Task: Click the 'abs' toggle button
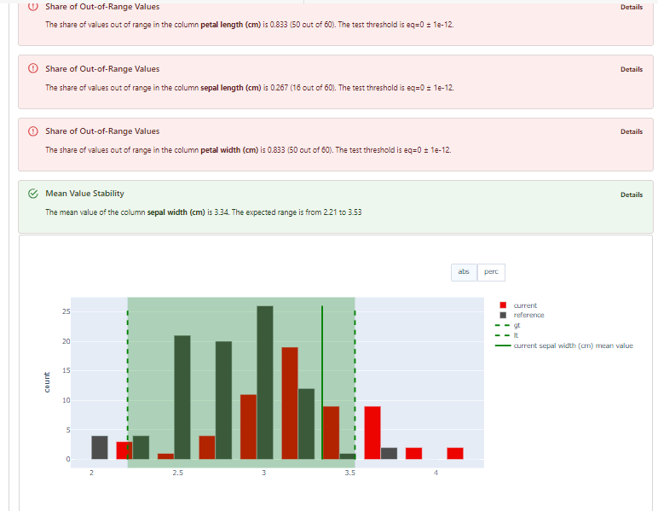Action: point(464,272)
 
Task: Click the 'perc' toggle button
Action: point(491,272)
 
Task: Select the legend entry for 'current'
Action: point(525,305)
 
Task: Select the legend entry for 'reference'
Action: point(528,315)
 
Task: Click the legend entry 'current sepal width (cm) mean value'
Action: point(573,346)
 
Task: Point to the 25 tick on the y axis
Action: point(66,311)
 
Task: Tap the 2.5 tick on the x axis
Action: point(177,473)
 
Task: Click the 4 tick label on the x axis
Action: point(436,473)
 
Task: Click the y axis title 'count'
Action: point(48,381)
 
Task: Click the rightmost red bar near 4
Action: point(455,453)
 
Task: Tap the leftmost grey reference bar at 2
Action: point(100,447)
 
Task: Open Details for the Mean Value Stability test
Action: point(632,195)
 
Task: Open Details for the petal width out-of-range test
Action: point(632,131)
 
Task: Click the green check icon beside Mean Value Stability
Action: point(33,194)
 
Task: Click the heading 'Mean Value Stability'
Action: point(84,194)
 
